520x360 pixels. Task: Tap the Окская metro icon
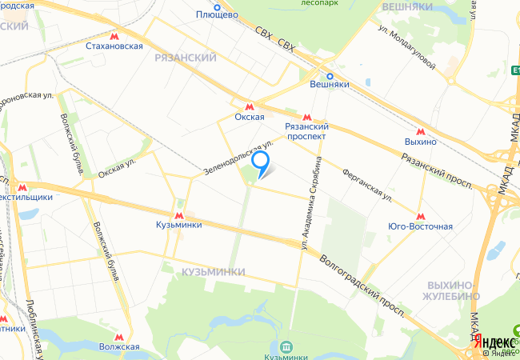click(x=250, y=105)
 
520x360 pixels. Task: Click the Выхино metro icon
click(x=420, y=130)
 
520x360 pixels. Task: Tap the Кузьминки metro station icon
click(x=178, y=214)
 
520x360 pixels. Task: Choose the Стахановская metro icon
click(x=114, y=35)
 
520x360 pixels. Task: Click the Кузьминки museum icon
click(x=286, y=346)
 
